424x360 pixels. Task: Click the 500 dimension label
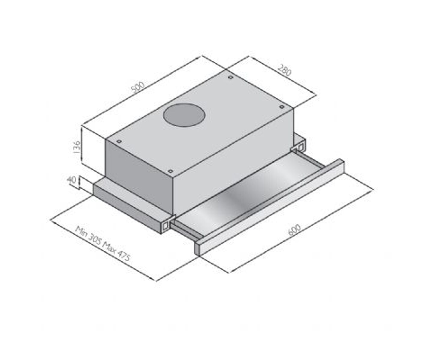[x=138, y=88]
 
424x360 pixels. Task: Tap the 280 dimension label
[x=284, y=70]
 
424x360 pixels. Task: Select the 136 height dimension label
[x=77, y=147]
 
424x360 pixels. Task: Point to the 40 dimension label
[x=71, y=180]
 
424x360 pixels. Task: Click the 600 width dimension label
[x=295, y=230]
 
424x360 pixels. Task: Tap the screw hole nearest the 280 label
[x=231, y=77]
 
